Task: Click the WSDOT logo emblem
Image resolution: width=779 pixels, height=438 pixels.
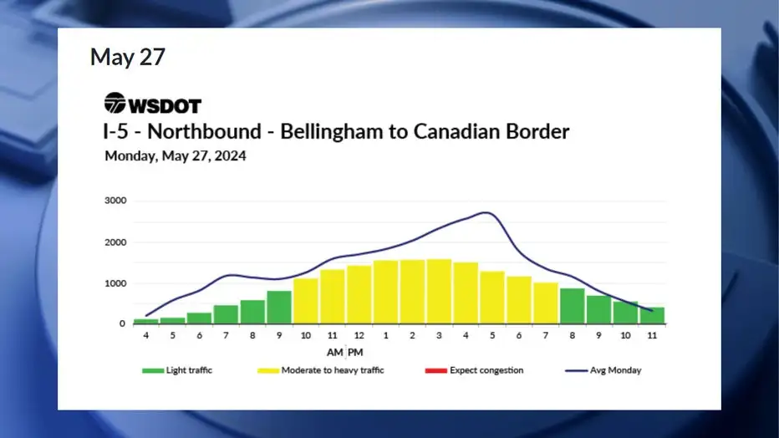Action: (x=115, y=103)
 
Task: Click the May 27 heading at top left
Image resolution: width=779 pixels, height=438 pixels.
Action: (x=128, y=57)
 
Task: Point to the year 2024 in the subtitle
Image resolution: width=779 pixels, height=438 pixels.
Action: (x=231, y=156)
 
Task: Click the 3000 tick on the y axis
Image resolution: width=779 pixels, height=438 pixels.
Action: (x=115, y=201)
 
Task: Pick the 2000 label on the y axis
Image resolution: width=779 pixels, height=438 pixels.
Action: (x=115, y=242)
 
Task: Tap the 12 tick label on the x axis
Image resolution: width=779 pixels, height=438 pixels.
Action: (x=359, y=336)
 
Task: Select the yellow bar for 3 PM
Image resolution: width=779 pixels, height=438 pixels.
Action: (x=439, y=292)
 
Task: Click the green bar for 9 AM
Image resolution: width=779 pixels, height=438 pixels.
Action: (x=279, y=308)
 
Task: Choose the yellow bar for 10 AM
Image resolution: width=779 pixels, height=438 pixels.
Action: (x=306, y=301)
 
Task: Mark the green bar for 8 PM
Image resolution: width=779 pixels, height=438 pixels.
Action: (x=573, y=306)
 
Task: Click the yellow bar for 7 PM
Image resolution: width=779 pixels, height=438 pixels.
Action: (x=546, y=303)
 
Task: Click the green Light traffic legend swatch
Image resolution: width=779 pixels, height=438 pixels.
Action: (x=153, y=370)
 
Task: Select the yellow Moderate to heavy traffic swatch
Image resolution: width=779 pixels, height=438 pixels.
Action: (x=268, y=370)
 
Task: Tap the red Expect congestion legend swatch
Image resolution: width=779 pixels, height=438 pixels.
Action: (x=436, y=370)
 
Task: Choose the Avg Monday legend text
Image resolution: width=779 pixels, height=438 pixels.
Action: (x=615, y=370)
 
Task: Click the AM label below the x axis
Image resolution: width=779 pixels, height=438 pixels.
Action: (x=335, y=353)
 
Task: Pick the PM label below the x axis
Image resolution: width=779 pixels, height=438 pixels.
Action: (x=355, y=353)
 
